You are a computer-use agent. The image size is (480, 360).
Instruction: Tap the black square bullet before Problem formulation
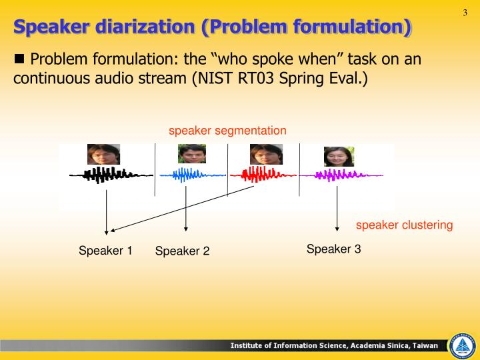click(x=19, y=58)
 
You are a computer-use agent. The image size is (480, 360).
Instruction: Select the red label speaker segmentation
click(x=227, y=130)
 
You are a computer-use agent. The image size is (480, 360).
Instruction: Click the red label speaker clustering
click(x=404, y=225)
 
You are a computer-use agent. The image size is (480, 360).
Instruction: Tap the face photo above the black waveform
click(x=103, y=154)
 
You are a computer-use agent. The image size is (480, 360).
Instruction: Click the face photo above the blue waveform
click(x=191, y=154)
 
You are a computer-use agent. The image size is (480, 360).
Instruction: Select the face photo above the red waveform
click(x=267, y=154)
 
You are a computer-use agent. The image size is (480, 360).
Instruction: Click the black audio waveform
click(x=107, y=175)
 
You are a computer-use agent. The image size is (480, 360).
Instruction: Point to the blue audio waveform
click(x=189, y=175)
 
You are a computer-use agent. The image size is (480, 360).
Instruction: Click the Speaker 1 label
click(x=105, y=251)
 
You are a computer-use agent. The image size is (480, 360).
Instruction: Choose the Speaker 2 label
click(x=182, y=251)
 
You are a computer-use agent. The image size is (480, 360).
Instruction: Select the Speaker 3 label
click(x=333, y=249)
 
